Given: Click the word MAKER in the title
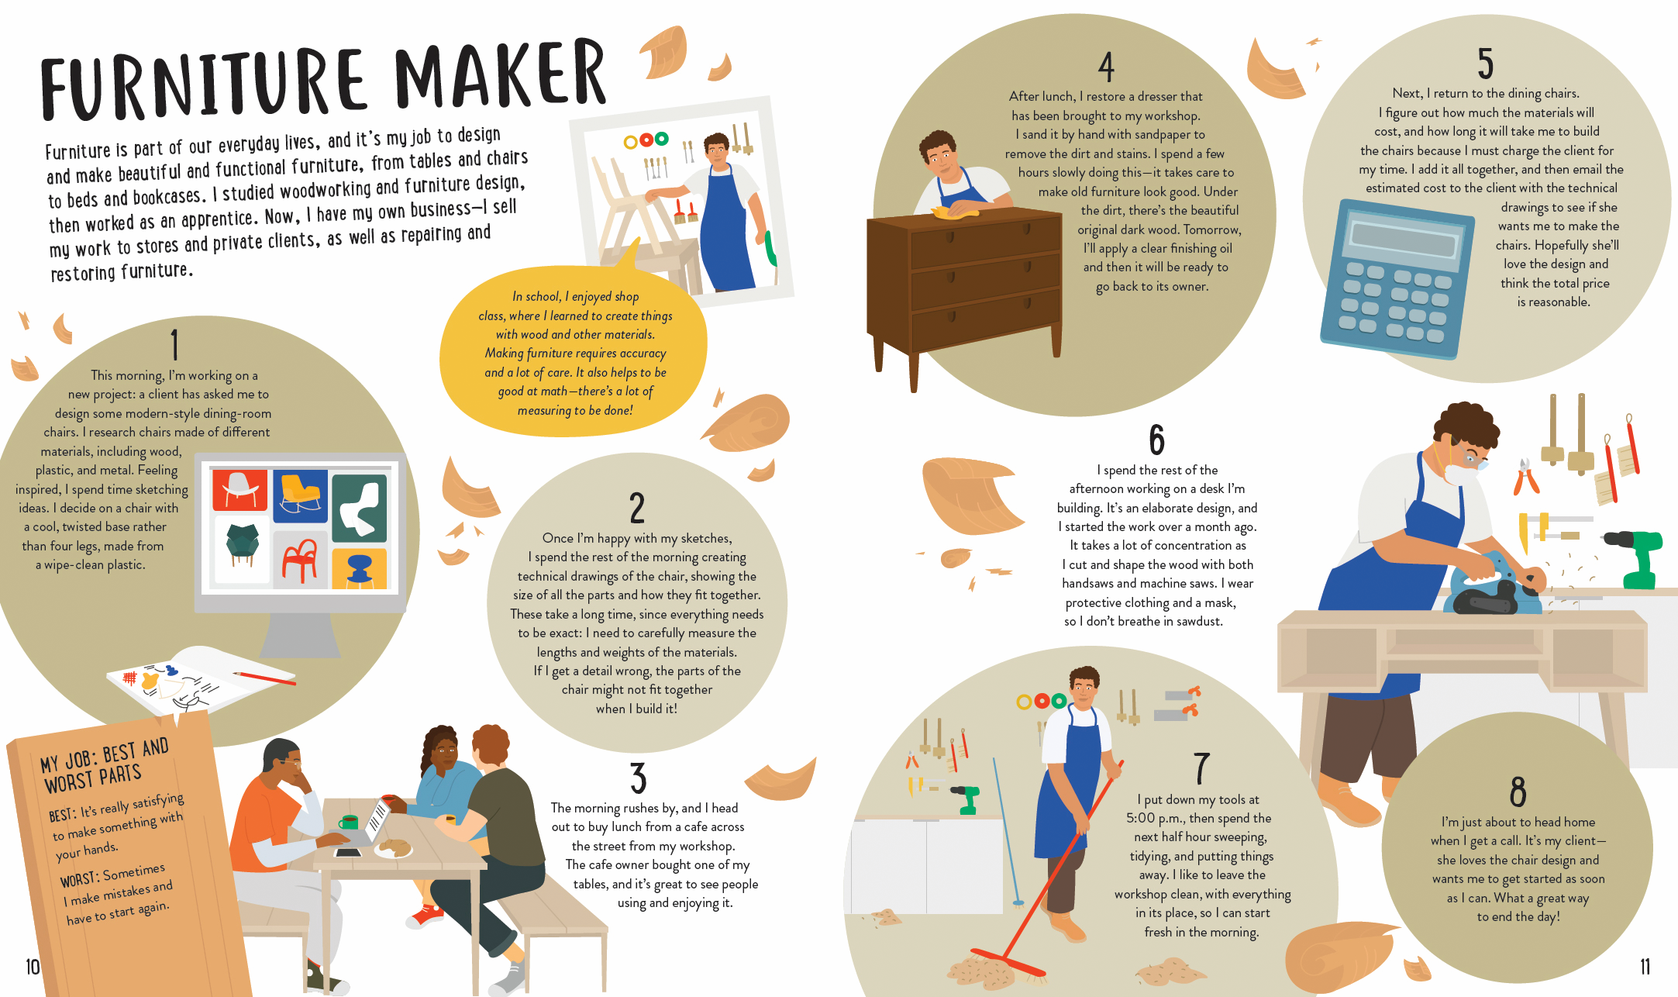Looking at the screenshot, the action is point(500,75).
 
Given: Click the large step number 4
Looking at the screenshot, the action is point(1106,67).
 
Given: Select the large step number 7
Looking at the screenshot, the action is point(1201,768).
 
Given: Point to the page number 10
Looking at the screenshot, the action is point(33,967).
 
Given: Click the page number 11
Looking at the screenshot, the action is point(1645,967).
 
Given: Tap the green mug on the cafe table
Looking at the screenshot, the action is point(349,822).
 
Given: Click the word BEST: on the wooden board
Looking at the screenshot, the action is point(63,814).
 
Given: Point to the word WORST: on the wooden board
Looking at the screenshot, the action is point(80,878).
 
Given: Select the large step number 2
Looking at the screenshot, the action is point(637,509).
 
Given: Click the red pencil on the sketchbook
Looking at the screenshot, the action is point(264,678).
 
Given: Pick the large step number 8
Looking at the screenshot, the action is point(1518,792).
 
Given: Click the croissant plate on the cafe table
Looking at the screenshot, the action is point(393,848).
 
